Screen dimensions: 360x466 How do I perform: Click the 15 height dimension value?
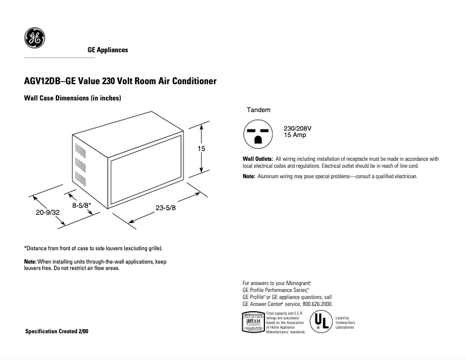coord(202,149)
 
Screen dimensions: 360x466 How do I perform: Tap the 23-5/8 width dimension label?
coord(167,208)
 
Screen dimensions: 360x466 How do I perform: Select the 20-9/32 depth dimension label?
coord(48,213)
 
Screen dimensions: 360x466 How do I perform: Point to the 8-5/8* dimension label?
coord(81,205)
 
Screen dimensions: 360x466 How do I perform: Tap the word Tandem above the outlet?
coord(259,110)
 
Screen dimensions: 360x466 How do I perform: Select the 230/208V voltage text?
coord(297,128)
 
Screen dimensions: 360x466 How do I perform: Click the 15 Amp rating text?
coord(295,135)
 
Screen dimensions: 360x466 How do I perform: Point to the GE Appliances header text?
coord(107,50)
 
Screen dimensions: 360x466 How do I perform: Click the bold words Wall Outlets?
coord(257,159)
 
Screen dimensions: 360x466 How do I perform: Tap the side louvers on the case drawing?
coord(81,161)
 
